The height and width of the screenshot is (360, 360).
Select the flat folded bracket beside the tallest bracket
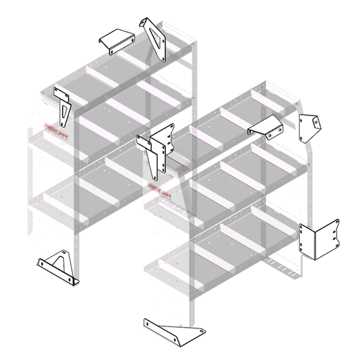(x=117, y=40)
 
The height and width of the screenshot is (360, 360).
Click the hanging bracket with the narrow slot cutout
(x=63, y=107)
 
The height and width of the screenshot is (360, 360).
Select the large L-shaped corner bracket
(x=319, y=239)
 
